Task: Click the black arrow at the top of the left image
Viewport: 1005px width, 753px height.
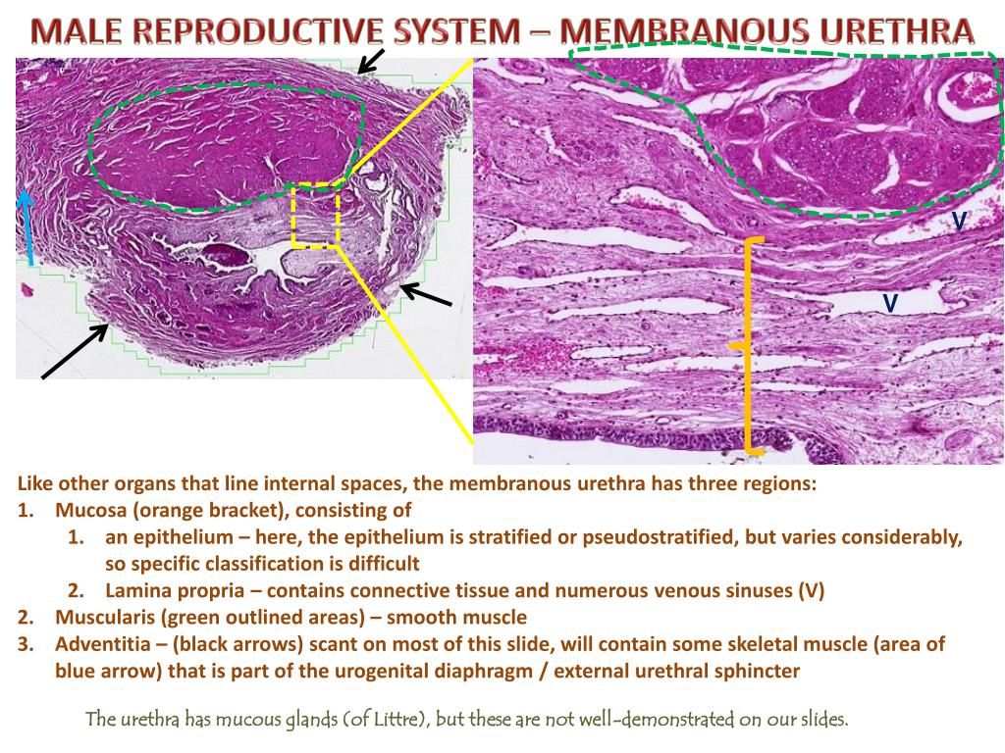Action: click(369, 61)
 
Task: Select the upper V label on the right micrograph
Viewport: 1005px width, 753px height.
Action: click(959, 223)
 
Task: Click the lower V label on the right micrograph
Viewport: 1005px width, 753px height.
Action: click(889, 303)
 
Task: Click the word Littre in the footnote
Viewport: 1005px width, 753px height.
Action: click(394, 719)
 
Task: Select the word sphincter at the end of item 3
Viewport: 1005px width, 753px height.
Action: click(757, 672)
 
